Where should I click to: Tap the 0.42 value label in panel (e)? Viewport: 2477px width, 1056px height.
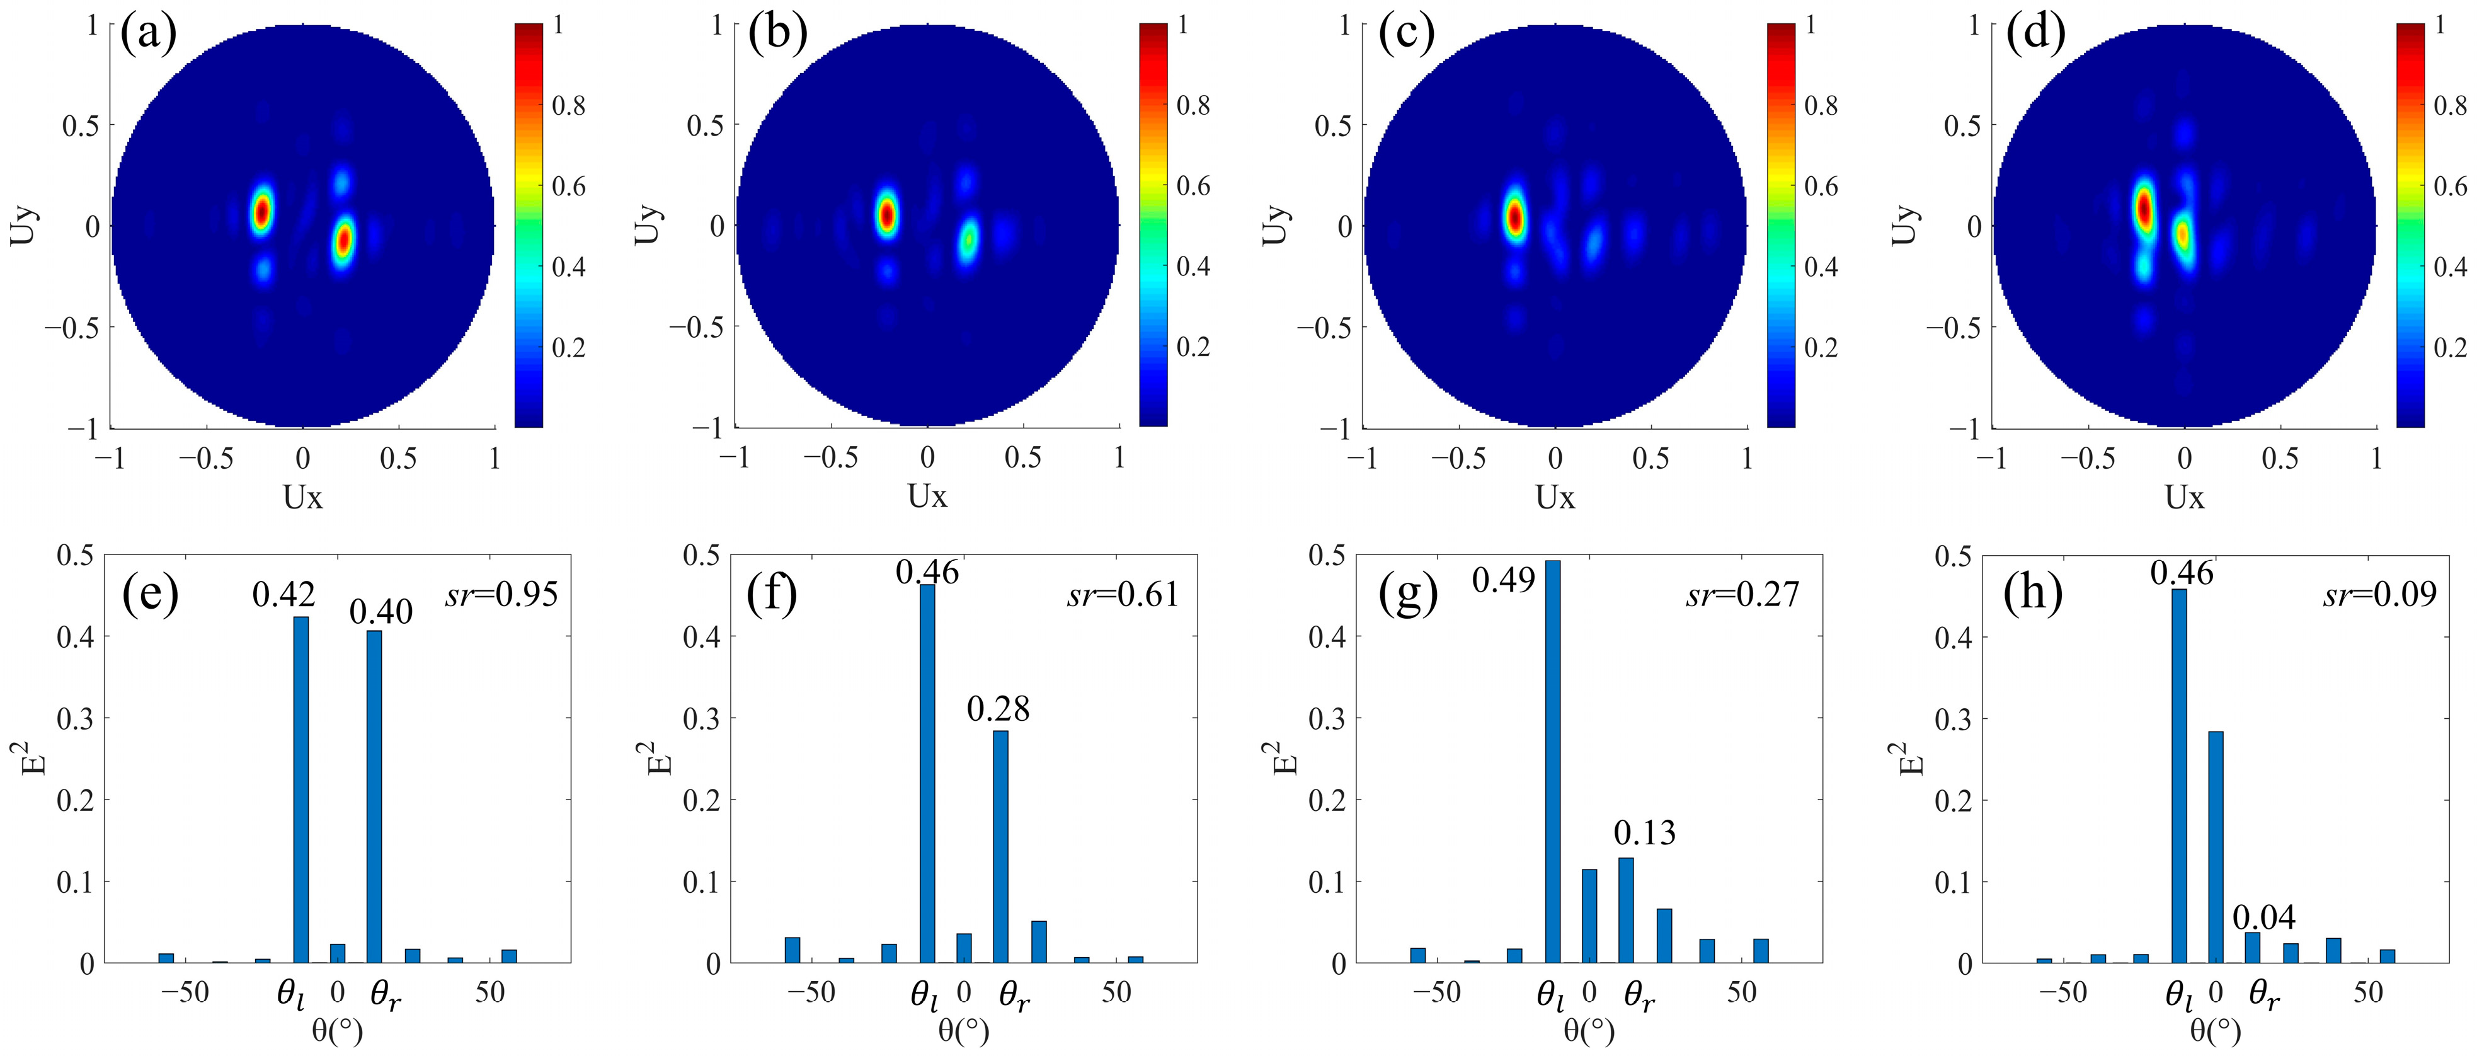coord(283,594)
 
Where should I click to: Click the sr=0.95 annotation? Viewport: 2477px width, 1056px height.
coord(501,594)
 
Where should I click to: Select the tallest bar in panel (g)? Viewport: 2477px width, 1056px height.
coord(1552,760)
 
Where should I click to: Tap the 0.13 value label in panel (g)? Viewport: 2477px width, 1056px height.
coord(1644,833)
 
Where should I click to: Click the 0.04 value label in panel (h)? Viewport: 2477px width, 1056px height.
coord(2263,917)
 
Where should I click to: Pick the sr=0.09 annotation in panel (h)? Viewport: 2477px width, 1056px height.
coord(2380,594)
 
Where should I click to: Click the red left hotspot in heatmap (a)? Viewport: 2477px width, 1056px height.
coord(261,210)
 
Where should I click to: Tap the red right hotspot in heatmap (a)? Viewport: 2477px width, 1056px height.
coord(343,241)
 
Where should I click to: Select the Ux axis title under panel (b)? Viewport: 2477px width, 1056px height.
coord(927,496)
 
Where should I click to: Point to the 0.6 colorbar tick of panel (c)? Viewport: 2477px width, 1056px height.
coord(1820,187)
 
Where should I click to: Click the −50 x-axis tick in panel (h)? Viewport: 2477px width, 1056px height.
coord(2062,992)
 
